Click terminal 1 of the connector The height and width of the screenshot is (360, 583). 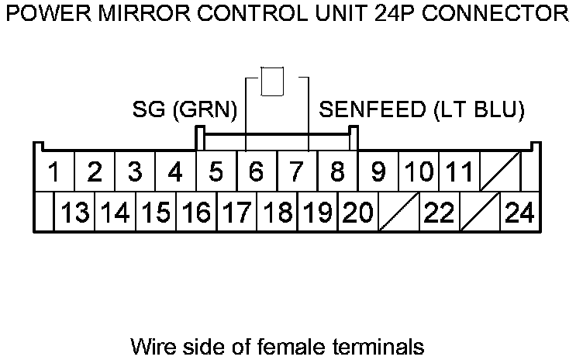(54, 171)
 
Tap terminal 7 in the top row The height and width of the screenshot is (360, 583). (296, 171)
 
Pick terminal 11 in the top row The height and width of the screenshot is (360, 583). (460, 171)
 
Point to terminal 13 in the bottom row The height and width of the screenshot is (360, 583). (75, 212)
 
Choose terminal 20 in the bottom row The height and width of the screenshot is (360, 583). (357, 212)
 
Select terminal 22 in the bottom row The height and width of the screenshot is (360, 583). (438, 212)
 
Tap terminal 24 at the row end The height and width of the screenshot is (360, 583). (519, 212)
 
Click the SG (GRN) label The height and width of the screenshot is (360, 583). (184, 110)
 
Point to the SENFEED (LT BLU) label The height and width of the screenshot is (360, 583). (423, 110)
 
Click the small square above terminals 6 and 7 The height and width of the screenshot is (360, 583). (272, 81)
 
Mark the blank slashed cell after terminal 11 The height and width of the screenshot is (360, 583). (499, 171)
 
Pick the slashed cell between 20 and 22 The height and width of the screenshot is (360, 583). (398, 212)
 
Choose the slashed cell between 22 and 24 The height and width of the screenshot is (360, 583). (478, 212)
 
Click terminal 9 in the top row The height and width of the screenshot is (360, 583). (378, 171)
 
